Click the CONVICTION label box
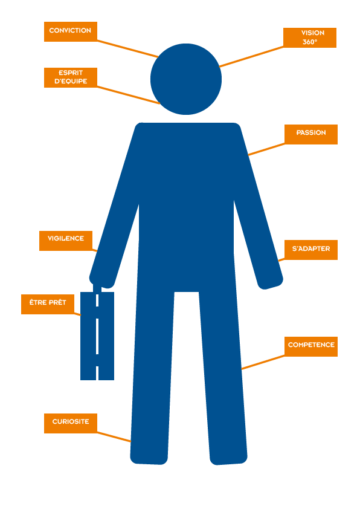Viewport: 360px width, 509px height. [71, 31]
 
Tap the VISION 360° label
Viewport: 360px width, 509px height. [310, 37]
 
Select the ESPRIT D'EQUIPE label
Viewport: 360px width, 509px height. [71, 77]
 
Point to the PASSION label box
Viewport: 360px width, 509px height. [311, 134]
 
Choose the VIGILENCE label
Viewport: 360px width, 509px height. [66, 241]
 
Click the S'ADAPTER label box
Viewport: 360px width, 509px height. [311, 250]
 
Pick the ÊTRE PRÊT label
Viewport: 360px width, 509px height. [48, 304]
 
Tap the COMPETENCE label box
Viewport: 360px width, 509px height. [311, 347]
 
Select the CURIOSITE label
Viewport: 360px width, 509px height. [71, 423]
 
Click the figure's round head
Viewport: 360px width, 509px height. [186, 79]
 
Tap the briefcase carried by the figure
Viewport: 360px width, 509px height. [97, 336]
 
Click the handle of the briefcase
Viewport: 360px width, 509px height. [97, 288]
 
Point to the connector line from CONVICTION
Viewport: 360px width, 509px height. [128, 49]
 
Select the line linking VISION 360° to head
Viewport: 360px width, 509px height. [251, 57]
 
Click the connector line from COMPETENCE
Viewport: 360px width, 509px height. [263, 362]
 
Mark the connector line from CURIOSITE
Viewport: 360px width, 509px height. [114, 436]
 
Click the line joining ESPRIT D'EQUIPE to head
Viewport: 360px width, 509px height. [129, 95]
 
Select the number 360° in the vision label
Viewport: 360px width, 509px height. [310, 42]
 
